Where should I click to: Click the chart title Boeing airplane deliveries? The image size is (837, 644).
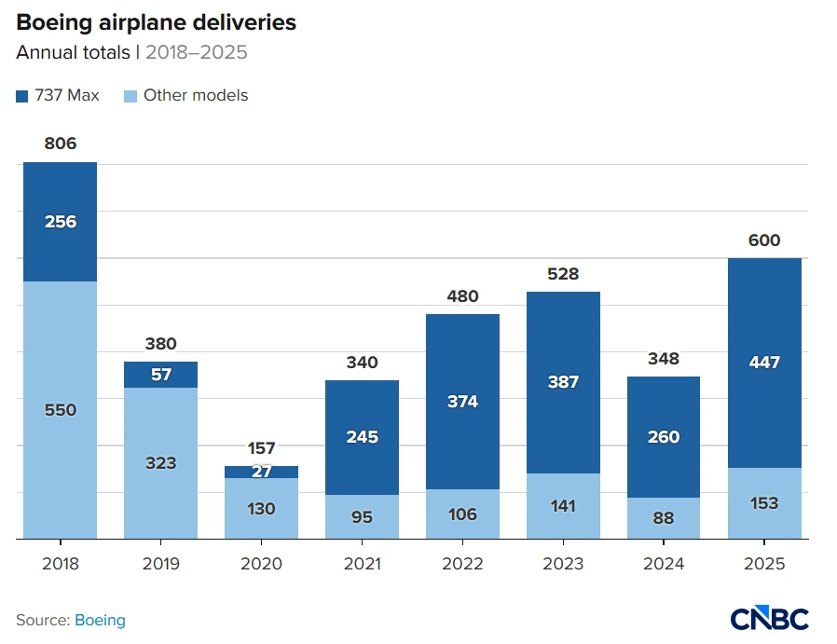[x=156, y=22]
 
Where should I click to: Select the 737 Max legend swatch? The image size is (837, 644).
[x=22, y=96]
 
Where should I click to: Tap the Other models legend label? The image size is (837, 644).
[x=196, y=95]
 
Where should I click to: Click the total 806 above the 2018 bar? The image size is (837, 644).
[x=60, y=144]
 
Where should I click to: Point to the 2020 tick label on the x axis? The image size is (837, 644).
[x=261, y=564]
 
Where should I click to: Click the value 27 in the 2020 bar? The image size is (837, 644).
[x=261, y=472]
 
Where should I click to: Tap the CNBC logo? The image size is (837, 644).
[x=769, y=619]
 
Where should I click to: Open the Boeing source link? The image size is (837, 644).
[x=100, y=620]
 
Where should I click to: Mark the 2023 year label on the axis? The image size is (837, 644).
[x=563, y=564]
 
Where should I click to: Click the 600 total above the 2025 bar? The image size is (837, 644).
[x=764, y=240]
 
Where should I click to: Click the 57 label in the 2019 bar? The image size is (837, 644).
[x=160, y=375]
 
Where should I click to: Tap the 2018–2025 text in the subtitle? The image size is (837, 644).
[x=196, y=52]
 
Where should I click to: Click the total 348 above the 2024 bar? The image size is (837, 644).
[x=664, y=359]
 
